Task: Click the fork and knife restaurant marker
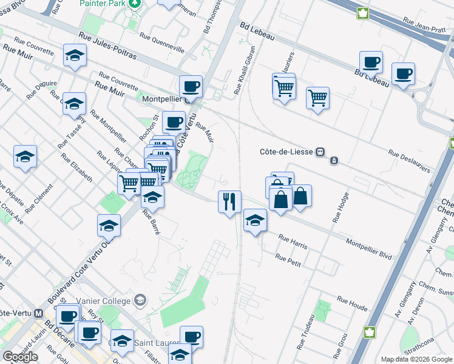tap(229, 201)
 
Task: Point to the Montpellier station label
tap(162, 100)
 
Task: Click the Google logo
tap(20, 357)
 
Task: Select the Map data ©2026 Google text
tap(416, 359)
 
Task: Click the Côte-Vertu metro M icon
tap(39, 313)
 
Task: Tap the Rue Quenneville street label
tap(161, 40)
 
